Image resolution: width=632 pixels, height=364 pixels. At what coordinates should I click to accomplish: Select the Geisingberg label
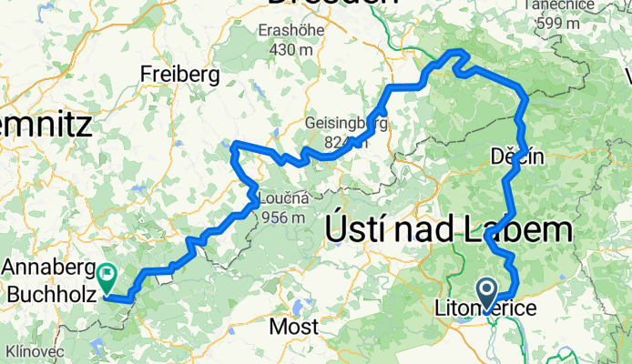340,123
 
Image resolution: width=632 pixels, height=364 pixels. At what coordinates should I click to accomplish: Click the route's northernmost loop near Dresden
455,58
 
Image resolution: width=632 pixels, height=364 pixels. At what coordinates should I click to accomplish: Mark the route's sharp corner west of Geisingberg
235,146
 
